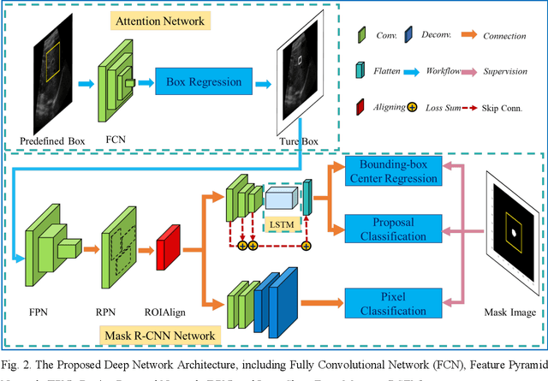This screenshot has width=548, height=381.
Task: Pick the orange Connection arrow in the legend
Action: [463, 37]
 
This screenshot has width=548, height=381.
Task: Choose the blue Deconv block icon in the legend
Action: [411, 37]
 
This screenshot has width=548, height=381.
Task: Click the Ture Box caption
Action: [299, 139]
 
